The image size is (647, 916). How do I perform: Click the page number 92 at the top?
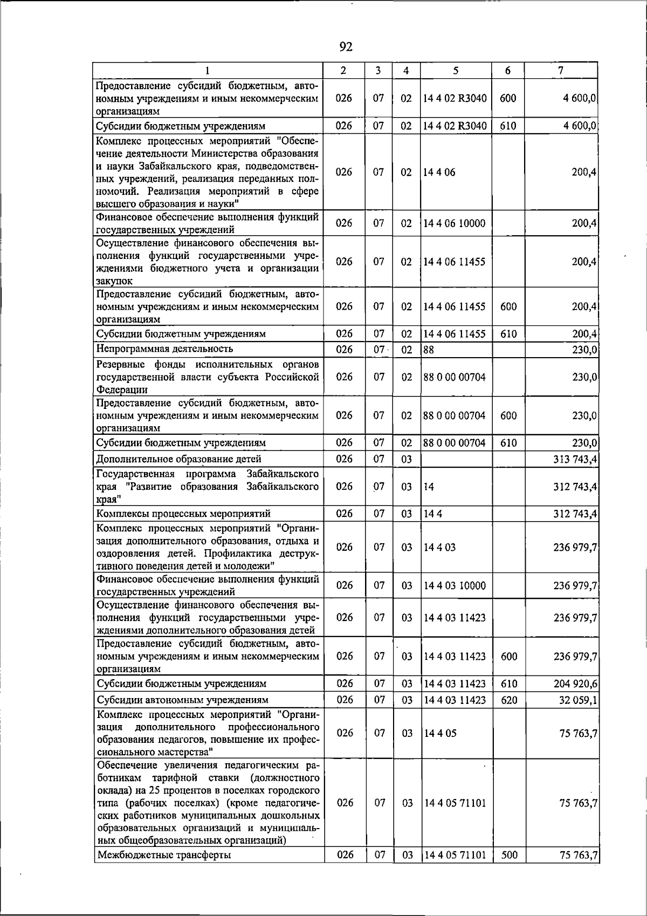[x=346, y=47]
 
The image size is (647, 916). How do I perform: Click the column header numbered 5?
[x=456, y=70]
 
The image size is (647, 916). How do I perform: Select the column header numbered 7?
[x=561, y=70]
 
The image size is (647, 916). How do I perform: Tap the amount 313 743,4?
[x=575, y=459]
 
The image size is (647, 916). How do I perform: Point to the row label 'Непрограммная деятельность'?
[x=164, y=349]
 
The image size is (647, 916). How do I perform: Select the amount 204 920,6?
[x=575, y=683]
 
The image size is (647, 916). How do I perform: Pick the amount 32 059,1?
[x=577, y=700]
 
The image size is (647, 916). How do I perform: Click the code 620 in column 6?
[x=509, y=700]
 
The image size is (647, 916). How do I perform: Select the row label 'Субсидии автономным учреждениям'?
[x=182, y=700]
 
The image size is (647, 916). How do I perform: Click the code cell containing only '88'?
[x=429, y=349]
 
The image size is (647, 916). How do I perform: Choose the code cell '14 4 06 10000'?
[x=455, y=223]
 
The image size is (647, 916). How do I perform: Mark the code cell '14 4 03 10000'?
[x=455, y=585]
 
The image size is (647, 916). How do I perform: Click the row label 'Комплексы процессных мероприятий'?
[x=183, y=514]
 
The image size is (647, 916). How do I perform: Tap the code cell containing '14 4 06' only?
[x=439, y=172]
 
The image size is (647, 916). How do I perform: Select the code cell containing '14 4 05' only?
[x=439, y=733]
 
